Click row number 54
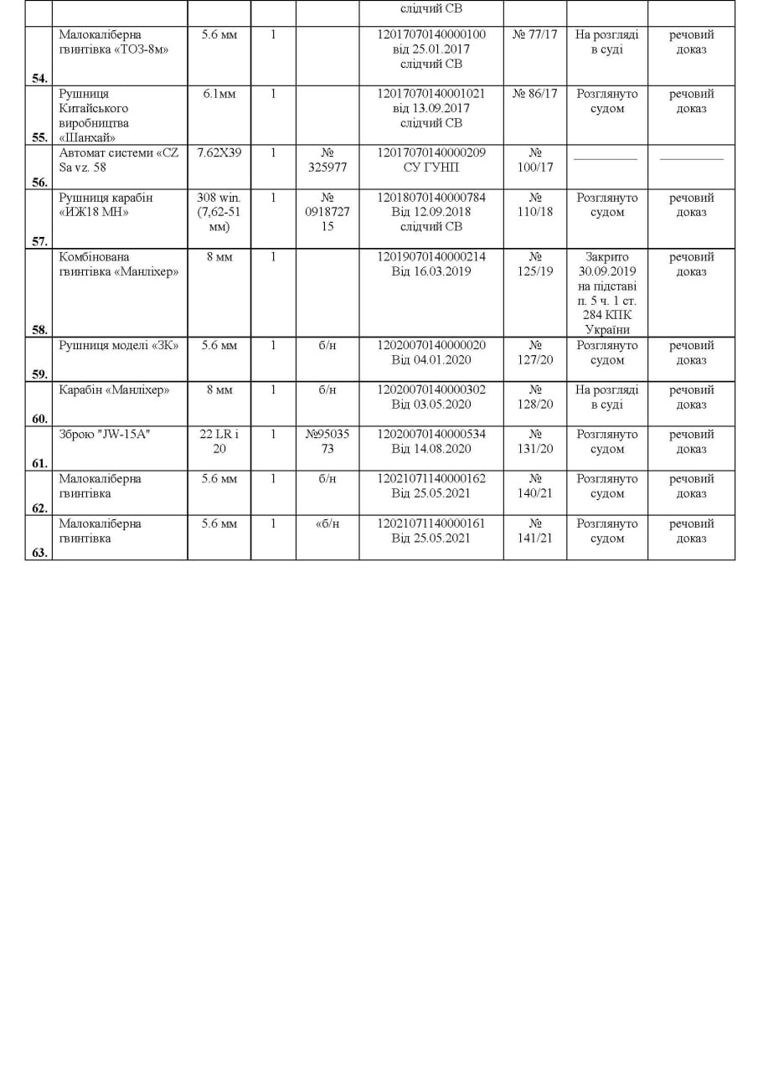[x=39, y=78]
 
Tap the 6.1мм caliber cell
[x=219, y=94]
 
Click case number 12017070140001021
[x=431, y=94]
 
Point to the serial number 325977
[x=327, y=167]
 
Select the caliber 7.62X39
[x=219, y=153]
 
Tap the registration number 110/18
[x=535, y=205]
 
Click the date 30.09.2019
[x=607, y=271]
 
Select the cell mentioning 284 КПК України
[x=607, y=315]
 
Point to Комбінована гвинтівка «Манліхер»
[x=119, y=264]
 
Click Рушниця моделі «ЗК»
[x=119, y=345]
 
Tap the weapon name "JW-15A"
[x=105, y=434]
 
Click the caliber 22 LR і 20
[x=219, y=441]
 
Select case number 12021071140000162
[x=431, y=478]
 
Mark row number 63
[x=39, y=553]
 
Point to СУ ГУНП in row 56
[x=431, y=167]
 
